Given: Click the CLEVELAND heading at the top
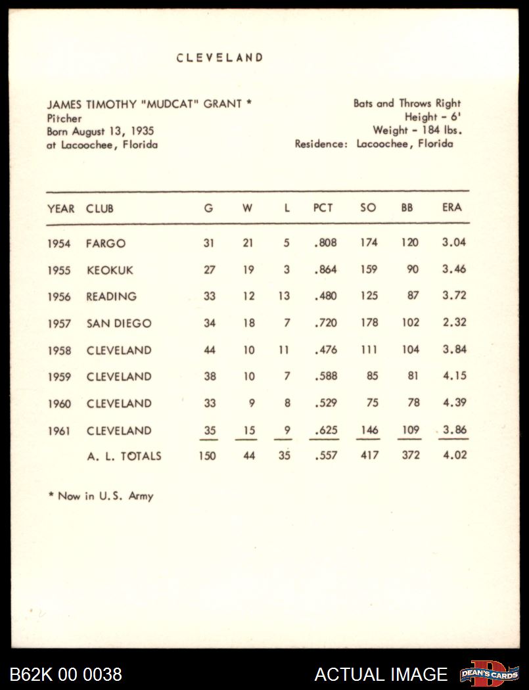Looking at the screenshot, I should pyautogui.click(x=219, y=58).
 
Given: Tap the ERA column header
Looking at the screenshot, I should pyautogui.click(x=451, y=208).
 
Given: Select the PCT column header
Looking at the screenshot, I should pyautogui.click(x=323, y=208).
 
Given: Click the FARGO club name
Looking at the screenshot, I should pyautogui.click(x=105, y=243).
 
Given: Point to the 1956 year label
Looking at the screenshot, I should pyautogui.click(x=58, y=297).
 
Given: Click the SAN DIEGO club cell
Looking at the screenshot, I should pyautogui.click(x=118, y=323).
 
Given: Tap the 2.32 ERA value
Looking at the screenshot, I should pyautogui.click(x=453, y=323).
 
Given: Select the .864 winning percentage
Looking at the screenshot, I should pyautogui.click(x=325, y=269).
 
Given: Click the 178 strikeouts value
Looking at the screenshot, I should pyautogui.click(x=369, y=323).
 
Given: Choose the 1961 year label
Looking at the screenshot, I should pyautogui.click(x=58, y=431).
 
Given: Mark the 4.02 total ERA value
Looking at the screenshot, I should pyautogui.click(x=453, y=455).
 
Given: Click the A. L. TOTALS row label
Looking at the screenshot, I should pyautogui.click(x=124, y=456).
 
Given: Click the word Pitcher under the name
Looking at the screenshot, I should pyautogui.click(x=64, y=118).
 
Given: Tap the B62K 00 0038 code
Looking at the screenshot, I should pyautogui.click(x=66, y=674).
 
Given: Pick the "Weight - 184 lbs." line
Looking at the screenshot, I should pyautogui.click(x=417, y=131).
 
